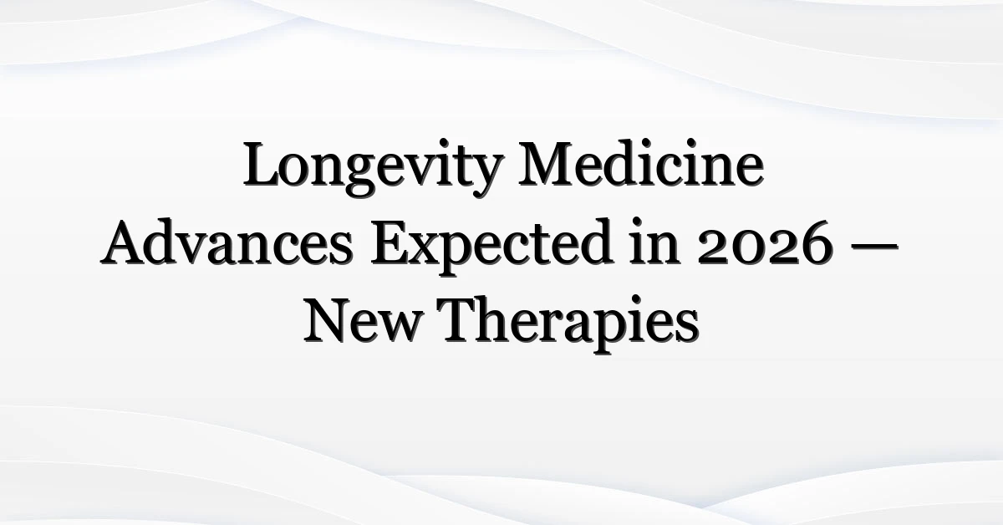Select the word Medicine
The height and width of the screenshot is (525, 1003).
[641, 163]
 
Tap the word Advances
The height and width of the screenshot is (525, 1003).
[227, 242]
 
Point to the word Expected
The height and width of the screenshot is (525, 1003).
[491, 247]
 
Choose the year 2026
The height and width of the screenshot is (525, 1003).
[766, 244]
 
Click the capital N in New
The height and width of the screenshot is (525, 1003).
[328, 321]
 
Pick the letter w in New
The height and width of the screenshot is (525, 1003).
[400, 329]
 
